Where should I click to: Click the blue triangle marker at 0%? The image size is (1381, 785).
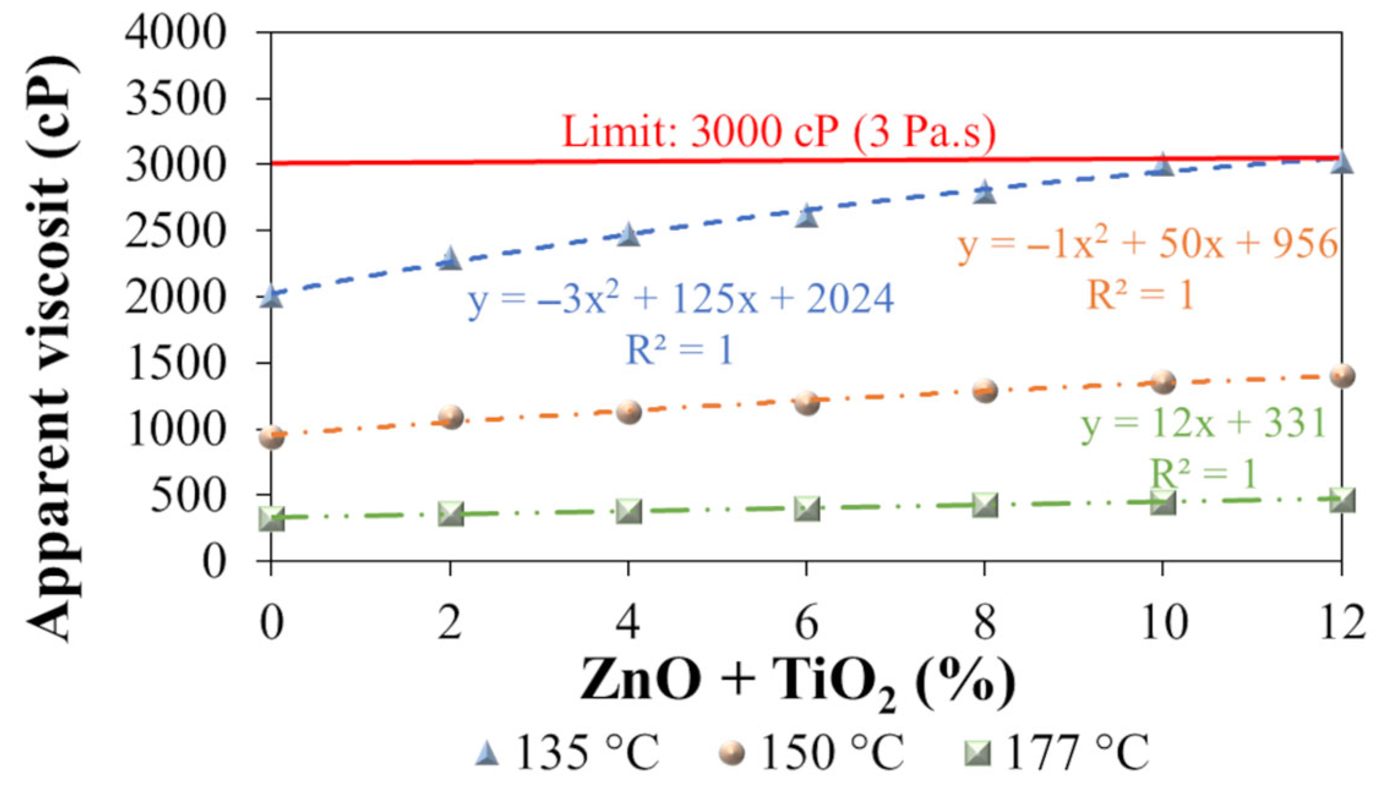click(x=271, y=297)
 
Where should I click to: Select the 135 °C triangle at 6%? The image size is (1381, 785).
click(x=807, y=217)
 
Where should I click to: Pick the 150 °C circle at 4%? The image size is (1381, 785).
click(x=629, y=412)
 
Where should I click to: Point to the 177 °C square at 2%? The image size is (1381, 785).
click(x=451, y=514)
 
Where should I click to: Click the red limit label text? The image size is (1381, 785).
click(x=779, y=132)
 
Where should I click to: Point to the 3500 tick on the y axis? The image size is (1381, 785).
click(x=176, y=98)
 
